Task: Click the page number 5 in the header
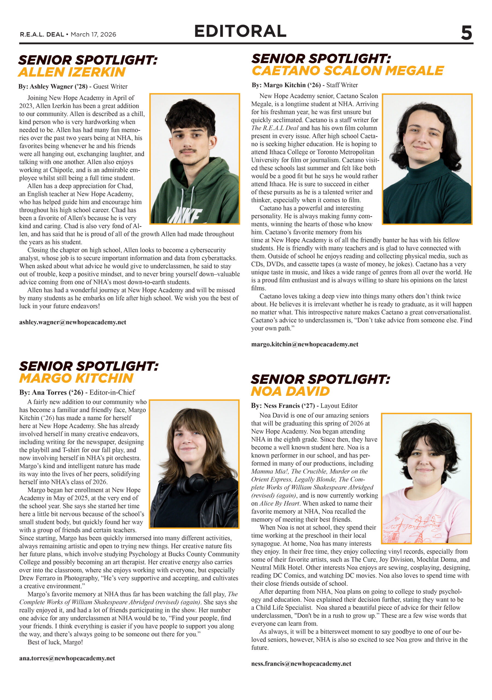466,33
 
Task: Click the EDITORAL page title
240,31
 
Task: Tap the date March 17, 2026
93,34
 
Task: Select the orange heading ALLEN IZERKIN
72,72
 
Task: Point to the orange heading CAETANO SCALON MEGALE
347,71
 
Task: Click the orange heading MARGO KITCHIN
76,378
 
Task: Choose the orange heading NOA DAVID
290,392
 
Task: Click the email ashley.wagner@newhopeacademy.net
72,322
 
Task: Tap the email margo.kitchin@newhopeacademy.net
304,344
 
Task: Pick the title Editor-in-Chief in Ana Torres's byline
112,392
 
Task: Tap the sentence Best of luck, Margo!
55,642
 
